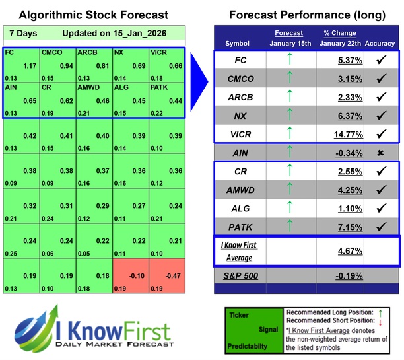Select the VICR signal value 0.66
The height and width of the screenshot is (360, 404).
[173, 66]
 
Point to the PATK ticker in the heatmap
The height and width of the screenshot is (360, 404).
[160, 87]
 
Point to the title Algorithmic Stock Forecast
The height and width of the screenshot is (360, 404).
[93, 15]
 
